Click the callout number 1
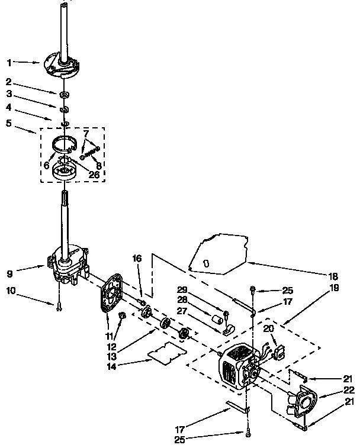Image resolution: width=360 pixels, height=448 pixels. click(x=9, y=62)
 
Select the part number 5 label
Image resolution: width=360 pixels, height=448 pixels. click(x=9, y=124)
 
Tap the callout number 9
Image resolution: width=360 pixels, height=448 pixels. click(x=9, y=274)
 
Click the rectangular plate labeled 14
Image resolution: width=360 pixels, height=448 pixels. click(x=166, y=353)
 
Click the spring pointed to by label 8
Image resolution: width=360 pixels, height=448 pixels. click(x=89, y=153)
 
